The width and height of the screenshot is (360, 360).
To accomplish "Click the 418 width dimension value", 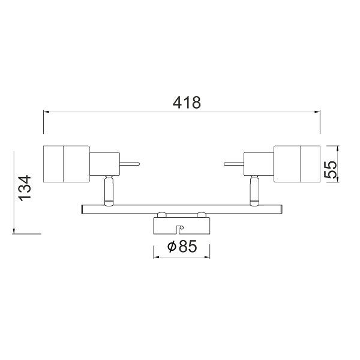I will point(187,103).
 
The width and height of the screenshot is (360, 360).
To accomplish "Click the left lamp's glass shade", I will point(66,163).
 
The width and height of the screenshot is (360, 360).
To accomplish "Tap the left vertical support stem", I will point(108,191).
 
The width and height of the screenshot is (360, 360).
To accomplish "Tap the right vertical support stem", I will point(254,191).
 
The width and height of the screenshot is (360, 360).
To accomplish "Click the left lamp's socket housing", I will point(104,163).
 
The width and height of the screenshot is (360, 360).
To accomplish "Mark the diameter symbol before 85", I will point(171,247).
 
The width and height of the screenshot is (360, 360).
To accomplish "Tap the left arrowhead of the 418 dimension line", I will point(46,111).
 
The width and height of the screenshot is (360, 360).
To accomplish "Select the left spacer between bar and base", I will point(161,214).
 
